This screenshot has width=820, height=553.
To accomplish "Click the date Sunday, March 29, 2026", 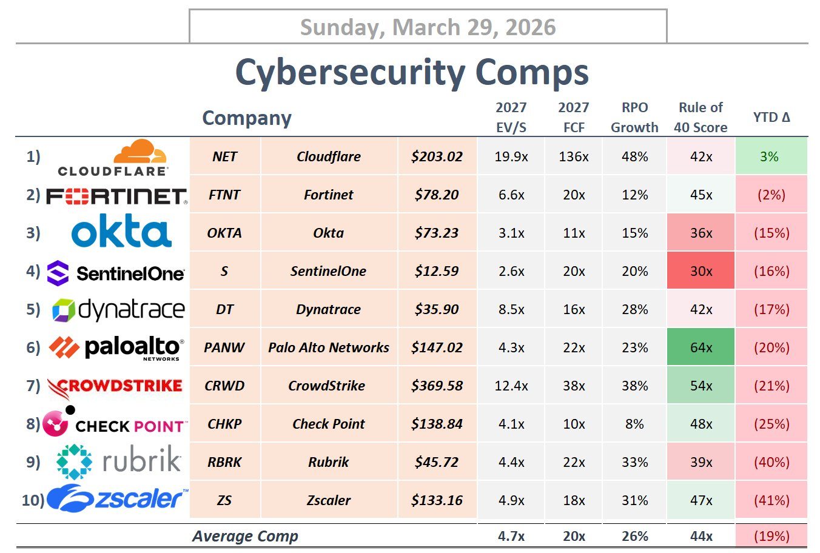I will tap(428, 27).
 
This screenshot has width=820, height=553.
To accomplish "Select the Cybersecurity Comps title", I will tap(412, 72).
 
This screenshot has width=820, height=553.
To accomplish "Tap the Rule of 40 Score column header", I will tap(701, 118).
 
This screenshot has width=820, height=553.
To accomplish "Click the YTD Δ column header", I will tap(771, 118).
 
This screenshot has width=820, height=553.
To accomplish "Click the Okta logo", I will tap(121, 232).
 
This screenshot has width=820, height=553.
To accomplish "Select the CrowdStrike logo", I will tap(115, 386).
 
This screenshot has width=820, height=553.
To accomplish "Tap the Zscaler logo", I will tap(118, 498).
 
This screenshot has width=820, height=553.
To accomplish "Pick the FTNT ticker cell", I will tap(224, 195).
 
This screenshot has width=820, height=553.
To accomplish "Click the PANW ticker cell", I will tap(224, 347).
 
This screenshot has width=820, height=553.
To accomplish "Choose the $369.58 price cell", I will tap(437, 386).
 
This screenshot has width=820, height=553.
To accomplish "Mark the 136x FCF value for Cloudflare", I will tap(574, 156).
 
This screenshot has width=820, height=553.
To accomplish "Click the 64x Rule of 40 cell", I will tap(701, 347).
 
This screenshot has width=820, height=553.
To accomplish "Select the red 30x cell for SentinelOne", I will tap(701, 271).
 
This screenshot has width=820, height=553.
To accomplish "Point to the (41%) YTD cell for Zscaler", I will tap(771, 500).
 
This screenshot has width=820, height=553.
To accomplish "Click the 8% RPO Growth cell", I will tap(634, 424).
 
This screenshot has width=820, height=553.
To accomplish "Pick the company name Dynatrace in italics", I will tap(328, 309).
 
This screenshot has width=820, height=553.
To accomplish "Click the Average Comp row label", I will tap(245, 536).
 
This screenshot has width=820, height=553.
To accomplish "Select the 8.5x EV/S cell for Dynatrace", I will tap(511, 309).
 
